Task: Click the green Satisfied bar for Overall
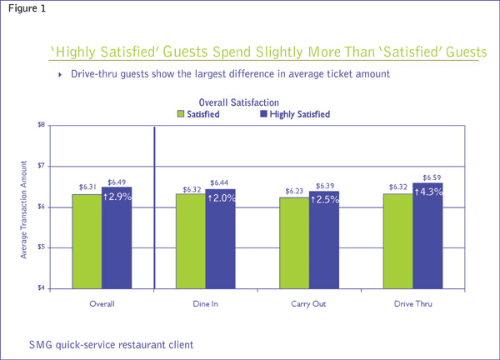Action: [x=87, y=241]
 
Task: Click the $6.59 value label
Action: [x=427, y=177]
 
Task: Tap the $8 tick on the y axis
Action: [x=39, y=125]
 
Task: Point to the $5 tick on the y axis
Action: [x=39, y=247]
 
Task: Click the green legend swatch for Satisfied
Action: [x=181, y=114]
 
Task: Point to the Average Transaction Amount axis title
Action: [x=24, y=207]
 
